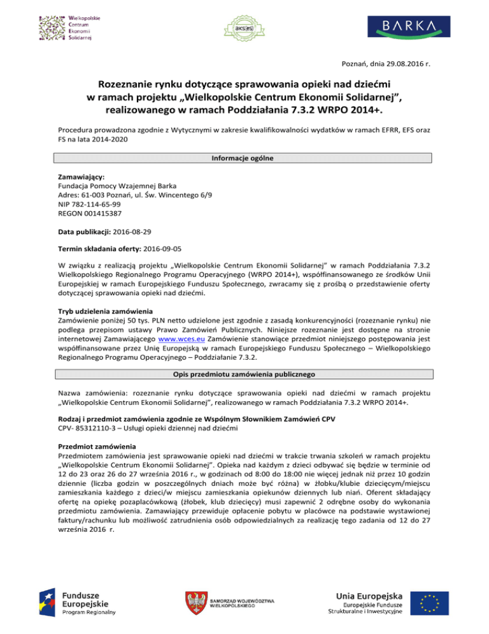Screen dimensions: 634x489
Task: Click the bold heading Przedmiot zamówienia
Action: coord(97,447)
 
